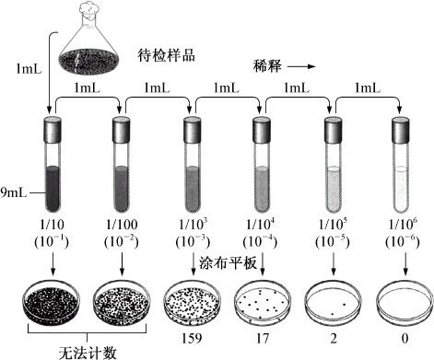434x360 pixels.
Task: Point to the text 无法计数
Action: click(88, 350)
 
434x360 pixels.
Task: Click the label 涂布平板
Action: click(228, 261)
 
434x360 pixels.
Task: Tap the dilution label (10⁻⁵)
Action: click(330, 244)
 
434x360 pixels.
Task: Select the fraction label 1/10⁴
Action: click(261, 226)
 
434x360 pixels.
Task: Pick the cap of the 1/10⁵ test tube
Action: click(331, 129)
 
